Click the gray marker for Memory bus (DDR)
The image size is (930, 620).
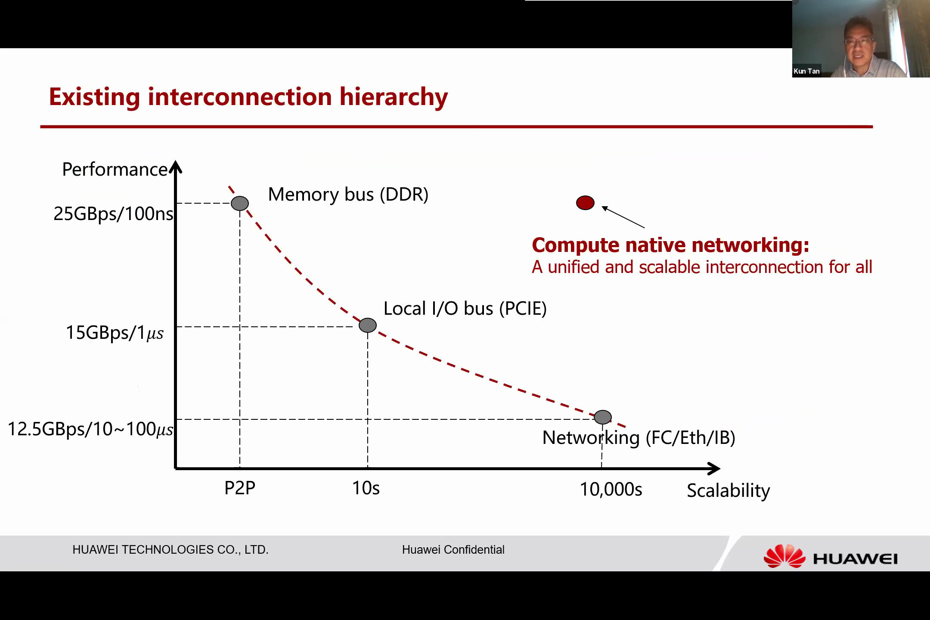coord(240,203)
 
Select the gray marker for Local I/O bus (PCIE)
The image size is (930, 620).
coord(368,325)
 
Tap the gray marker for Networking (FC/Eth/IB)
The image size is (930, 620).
coord(603,417)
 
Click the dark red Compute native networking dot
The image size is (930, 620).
coord(585,203)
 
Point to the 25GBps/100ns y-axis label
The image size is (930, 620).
coord(113,214)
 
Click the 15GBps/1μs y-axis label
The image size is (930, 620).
coord(115,333)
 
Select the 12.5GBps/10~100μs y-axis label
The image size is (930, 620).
coord(90,429)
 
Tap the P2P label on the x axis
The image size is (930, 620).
coord(240,488)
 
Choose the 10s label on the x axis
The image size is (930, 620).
coord(366,488)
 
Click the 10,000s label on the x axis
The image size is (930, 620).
coord(611,490)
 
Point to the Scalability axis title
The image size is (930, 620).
coord(728,491)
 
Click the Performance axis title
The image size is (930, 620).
coord(115,170)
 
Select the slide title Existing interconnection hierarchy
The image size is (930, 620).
coord(248,97)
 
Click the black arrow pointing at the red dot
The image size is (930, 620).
coord(623,217)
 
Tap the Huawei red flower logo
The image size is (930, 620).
coord(784,556)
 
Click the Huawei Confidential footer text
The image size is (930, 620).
coord(453,550)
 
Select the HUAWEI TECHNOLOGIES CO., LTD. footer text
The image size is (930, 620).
coord(170,550)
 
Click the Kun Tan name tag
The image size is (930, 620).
coord(807,71)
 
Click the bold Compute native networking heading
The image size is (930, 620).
coord(671,245)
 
